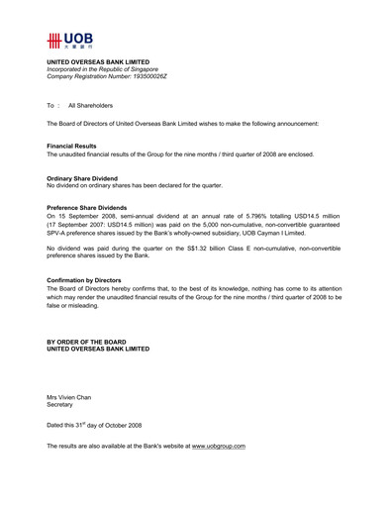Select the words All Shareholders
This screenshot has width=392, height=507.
click(x=91, y=104)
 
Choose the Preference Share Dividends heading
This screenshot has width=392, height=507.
click(x=87, y=206)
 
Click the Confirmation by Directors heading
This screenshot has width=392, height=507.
click(x=89, y=280)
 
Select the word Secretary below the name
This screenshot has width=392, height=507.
click(x=61, y=404)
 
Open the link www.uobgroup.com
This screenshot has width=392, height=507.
click(x=218, y=447)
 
